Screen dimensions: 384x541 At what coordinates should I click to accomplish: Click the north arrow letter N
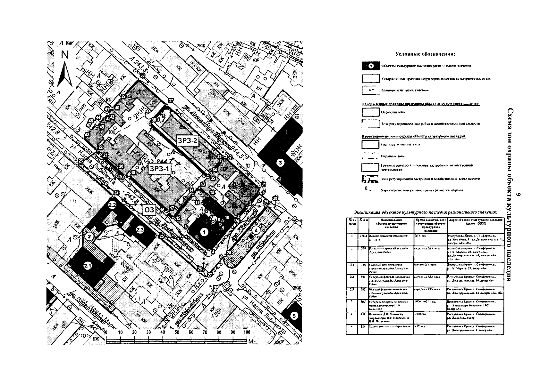[65, 55]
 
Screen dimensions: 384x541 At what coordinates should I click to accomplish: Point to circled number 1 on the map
[204, 232]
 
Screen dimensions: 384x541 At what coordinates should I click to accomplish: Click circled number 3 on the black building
[281, 163]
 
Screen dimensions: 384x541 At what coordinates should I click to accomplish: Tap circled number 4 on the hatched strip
[256, 230]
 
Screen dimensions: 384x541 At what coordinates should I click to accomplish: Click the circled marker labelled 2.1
[88, 265]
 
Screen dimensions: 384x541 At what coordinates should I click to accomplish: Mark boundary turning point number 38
[142, 76]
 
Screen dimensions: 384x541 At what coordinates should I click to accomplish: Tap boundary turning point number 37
[171, 100]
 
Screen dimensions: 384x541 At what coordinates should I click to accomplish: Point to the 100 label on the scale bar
[247, 332]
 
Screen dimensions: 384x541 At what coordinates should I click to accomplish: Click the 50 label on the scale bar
[177, 332]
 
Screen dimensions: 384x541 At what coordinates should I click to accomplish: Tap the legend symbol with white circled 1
[371, 66]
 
